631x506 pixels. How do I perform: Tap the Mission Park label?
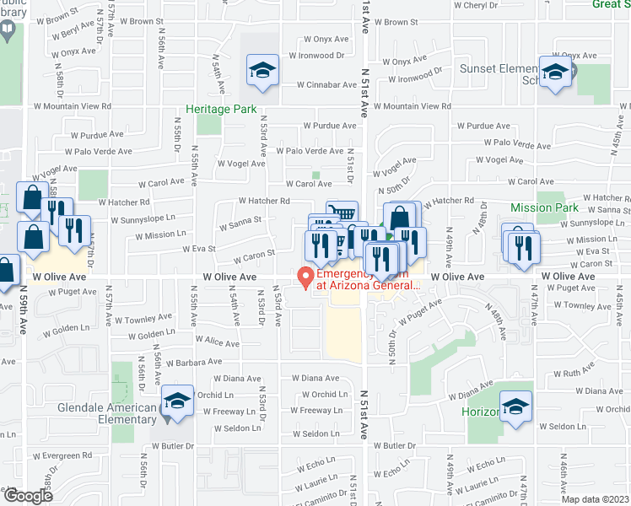[x=544, y=207]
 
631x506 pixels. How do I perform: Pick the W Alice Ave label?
[x=219, y=341]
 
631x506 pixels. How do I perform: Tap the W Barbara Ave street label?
[x=193, y=363]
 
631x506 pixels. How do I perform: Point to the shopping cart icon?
[x=342, y=213]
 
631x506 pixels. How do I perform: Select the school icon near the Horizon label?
[x=515, y=407]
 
